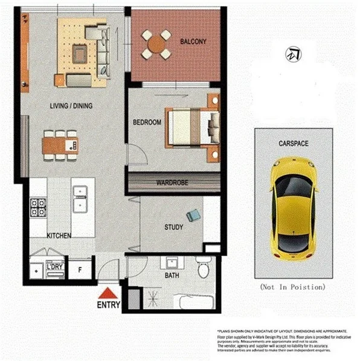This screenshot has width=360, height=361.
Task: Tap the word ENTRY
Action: click(x=109, y=304)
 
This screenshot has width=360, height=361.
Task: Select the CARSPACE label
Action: click(x=294, y=144)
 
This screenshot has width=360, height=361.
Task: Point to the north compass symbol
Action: click(x=294, y=54)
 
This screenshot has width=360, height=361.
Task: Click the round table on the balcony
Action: click(x=156, y=43)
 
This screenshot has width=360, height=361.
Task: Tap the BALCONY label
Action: click(x=193, y=42)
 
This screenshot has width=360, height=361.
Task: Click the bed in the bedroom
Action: click(x=190, y=127)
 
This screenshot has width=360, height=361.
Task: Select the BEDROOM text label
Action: click(x=147, y=123)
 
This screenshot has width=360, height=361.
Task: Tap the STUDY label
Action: click(x=174, y=228)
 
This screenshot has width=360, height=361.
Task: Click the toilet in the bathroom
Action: click(x=203, y=267)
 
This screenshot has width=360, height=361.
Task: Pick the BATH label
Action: click(x=172, y=275)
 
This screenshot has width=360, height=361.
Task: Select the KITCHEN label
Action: click(x=60, y=235)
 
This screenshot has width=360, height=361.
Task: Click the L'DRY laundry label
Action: click(x=55, y=267)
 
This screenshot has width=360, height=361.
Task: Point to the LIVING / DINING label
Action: click(x=71, y=106)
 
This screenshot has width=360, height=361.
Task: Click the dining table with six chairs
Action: click(x=60, y=145)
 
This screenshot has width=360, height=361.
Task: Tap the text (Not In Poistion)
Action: click(x=293, y=286)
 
